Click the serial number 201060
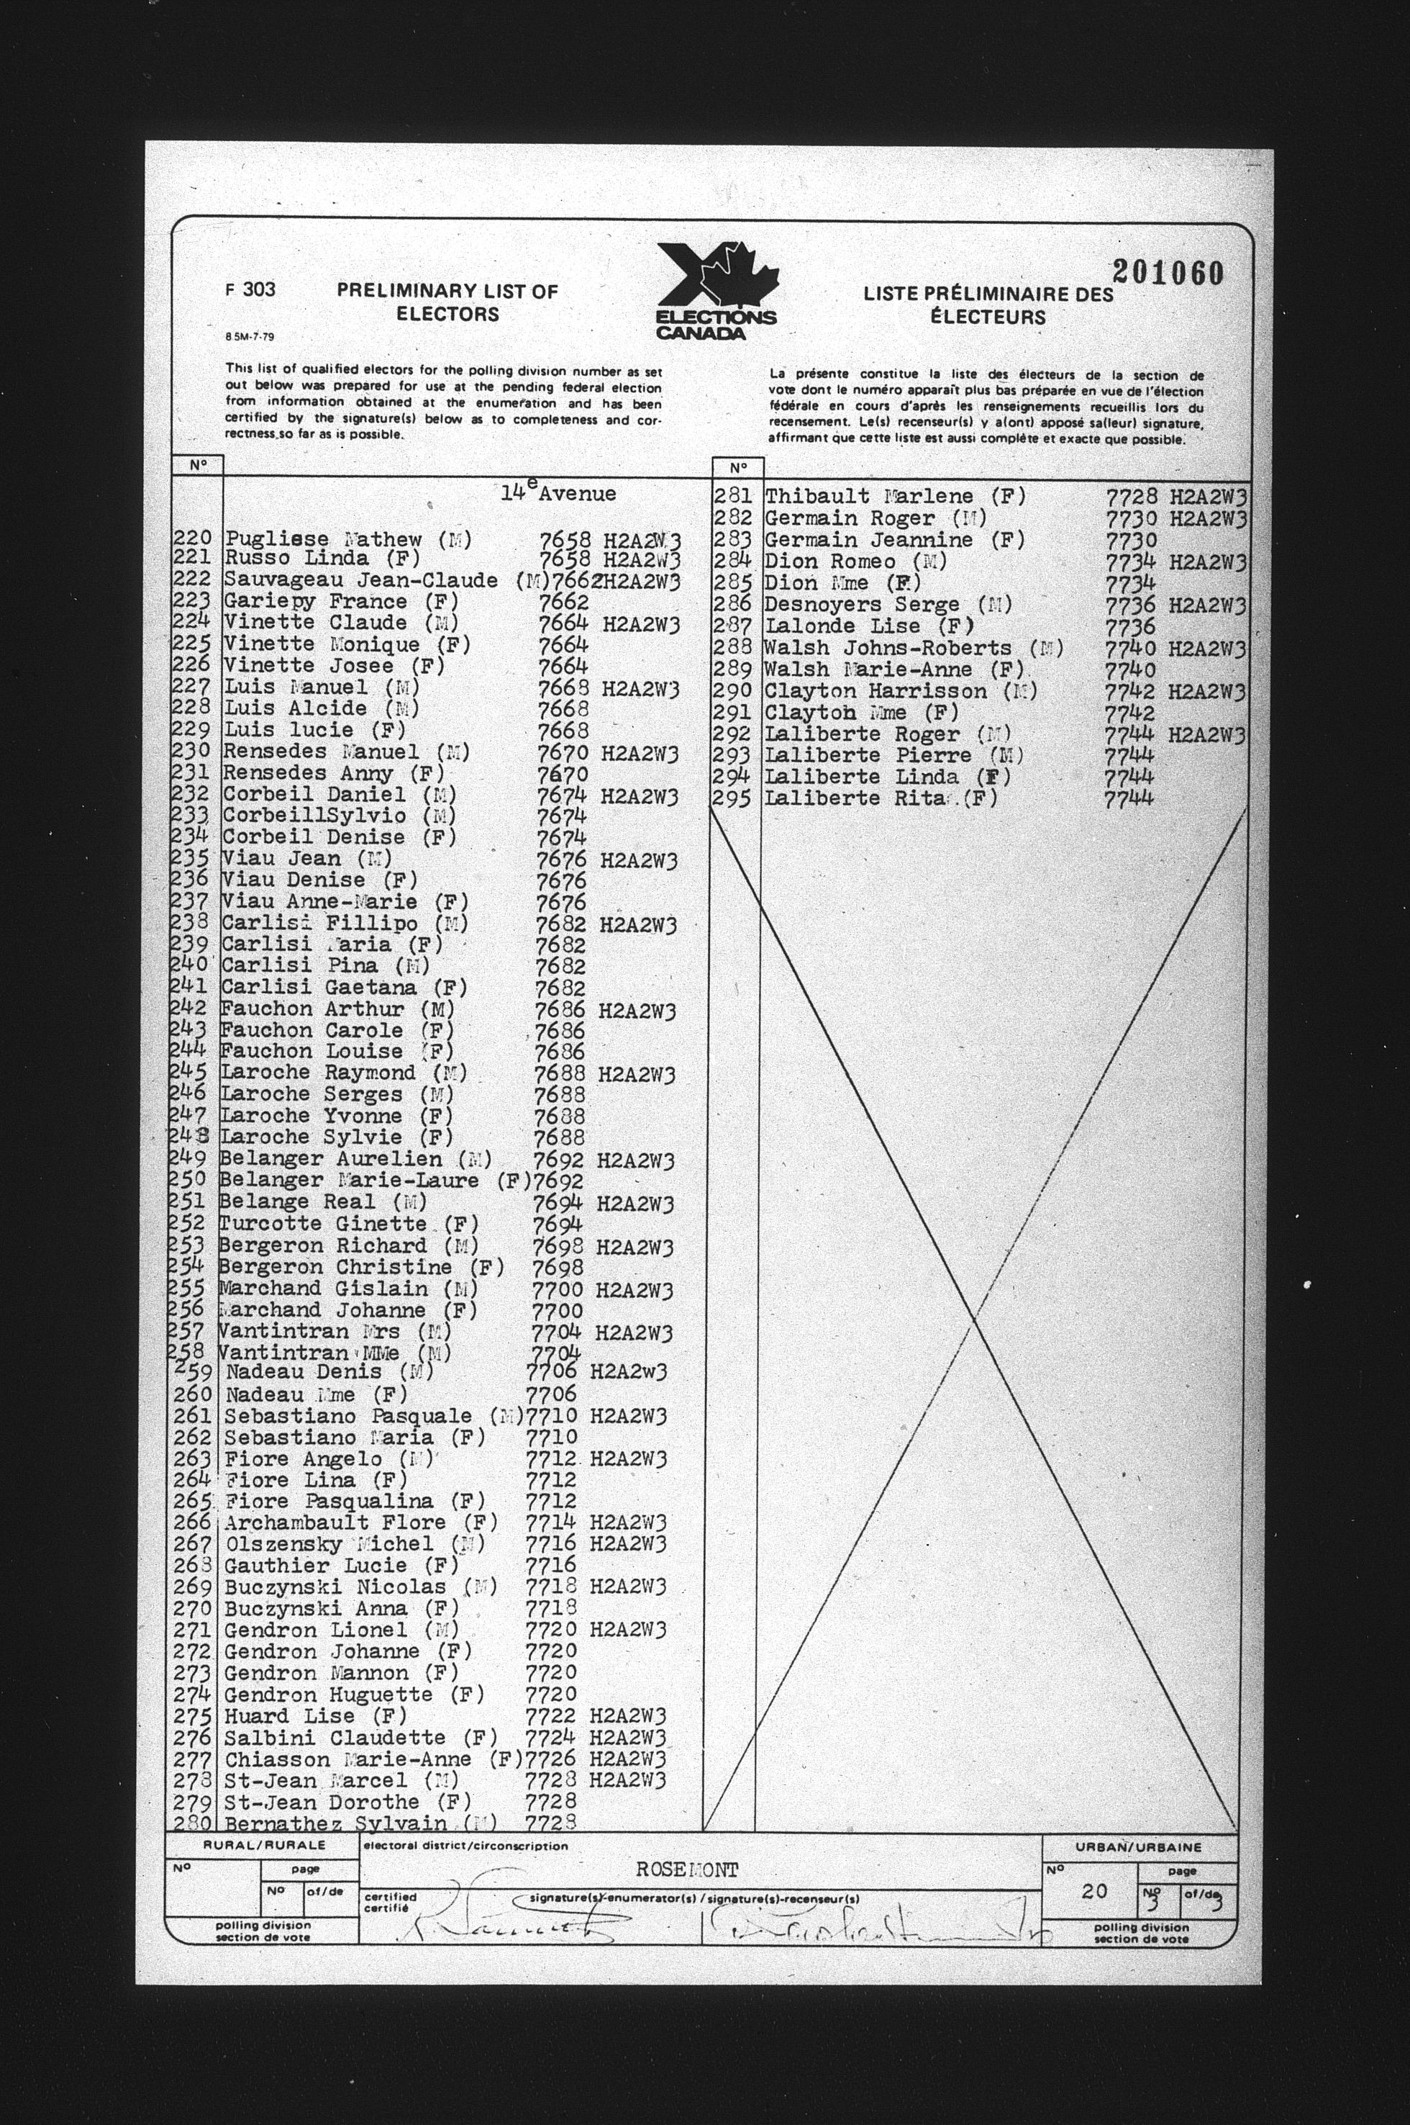point(1167,271)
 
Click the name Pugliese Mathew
point(323,540)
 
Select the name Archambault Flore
point(335,1523)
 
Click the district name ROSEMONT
point(687,1869)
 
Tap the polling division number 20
point(1093,1891)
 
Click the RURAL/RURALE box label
point(265,1845)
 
